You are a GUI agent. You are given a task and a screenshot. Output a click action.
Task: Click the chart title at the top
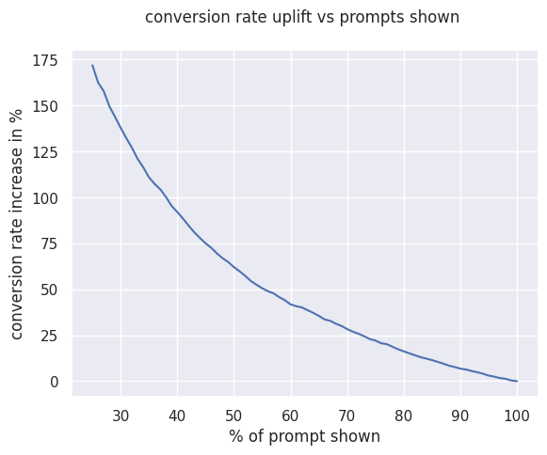click(302, 18)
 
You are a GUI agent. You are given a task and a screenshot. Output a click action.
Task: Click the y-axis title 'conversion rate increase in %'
click(17, 225)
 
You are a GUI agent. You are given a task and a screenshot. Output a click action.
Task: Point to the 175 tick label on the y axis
click(45, 60)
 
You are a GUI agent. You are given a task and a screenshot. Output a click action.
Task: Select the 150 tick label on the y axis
click(45, 106)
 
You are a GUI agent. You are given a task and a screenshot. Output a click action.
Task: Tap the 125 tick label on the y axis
click(45, 152)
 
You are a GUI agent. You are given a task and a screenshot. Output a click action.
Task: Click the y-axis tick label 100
click(45, 198)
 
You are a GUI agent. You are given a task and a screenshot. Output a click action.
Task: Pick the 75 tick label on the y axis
click(49, 244)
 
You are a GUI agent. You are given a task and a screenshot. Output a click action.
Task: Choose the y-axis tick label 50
click(49, 290)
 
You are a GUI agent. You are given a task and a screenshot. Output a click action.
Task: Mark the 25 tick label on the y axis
click(49, 337)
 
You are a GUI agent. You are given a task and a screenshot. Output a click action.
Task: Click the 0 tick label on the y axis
click(54, 383)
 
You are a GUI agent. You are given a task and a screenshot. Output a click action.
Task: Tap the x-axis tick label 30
click(121, 416)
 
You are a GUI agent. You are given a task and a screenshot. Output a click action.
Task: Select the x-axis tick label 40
click(177, 416)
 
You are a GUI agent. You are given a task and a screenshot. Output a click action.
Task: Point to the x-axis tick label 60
click(291, 416)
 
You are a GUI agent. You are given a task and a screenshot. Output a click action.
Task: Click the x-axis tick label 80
click(404, 416)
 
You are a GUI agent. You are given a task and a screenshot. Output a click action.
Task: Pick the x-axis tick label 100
click(517, 416)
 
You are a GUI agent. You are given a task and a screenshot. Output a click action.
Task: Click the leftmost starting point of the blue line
click(92, 65)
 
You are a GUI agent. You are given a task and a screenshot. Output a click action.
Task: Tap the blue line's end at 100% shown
click(517, 381)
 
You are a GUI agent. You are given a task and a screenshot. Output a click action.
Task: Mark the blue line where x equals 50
click(234, 268)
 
